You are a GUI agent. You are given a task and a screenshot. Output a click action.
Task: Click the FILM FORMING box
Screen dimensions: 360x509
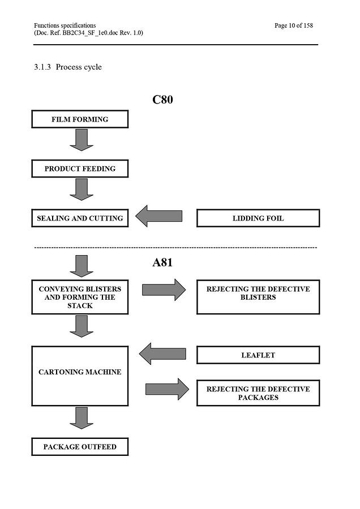[80, 119]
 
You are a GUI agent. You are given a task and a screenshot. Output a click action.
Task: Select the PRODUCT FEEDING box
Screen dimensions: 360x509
[80, 169]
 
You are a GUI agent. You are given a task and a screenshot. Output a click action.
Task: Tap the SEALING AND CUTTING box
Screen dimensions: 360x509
[80, 218]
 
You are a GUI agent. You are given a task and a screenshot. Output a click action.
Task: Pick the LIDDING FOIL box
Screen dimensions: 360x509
[258, 218]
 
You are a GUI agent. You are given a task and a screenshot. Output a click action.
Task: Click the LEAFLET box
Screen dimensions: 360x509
[258, 355]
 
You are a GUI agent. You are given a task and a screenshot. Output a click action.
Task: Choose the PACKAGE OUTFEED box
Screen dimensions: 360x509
[80, 447]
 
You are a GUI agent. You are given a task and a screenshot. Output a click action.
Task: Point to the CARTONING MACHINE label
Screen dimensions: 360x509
[80, 372]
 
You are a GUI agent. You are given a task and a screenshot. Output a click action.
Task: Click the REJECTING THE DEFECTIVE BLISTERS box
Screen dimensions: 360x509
[258, 297]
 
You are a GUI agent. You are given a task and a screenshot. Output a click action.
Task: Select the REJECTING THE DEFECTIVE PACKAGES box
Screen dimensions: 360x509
[258, 393]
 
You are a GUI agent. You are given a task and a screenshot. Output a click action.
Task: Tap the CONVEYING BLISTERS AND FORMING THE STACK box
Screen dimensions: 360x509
[80, 297]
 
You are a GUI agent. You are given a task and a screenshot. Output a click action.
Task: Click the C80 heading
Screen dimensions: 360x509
[162, 100]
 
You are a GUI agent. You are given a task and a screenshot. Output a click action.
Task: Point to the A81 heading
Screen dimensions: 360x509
[162, 262]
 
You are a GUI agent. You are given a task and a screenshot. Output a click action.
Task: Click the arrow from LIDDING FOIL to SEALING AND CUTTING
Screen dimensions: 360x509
[159, 216]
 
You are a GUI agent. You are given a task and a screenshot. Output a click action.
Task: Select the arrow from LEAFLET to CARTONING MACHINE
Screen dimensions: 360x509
[162, 353]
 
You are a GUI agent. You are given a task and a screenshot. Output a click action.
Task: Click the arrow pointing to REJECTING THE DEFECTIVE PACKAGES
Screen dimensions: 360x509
[167, 389]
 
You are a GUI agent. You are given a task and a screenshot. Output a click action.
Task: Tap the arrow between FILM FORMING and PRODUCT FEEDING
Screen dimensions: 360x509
[82, 140]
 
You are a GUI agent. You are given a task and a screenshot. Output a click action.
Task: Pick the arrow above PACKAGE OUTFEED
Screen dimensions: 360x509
[82, 418]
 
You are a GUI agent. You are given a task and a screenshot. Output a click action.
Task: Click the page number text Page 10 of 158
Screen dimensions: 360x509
[294, 25]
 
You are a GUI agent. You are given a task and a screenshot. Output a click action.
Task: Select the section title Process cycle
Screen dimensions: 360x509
[79, 67]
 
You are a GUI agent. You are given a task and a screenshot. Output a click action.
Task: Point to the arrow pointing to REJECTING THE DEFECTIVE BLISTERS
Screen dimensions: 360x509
[164, 290]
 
